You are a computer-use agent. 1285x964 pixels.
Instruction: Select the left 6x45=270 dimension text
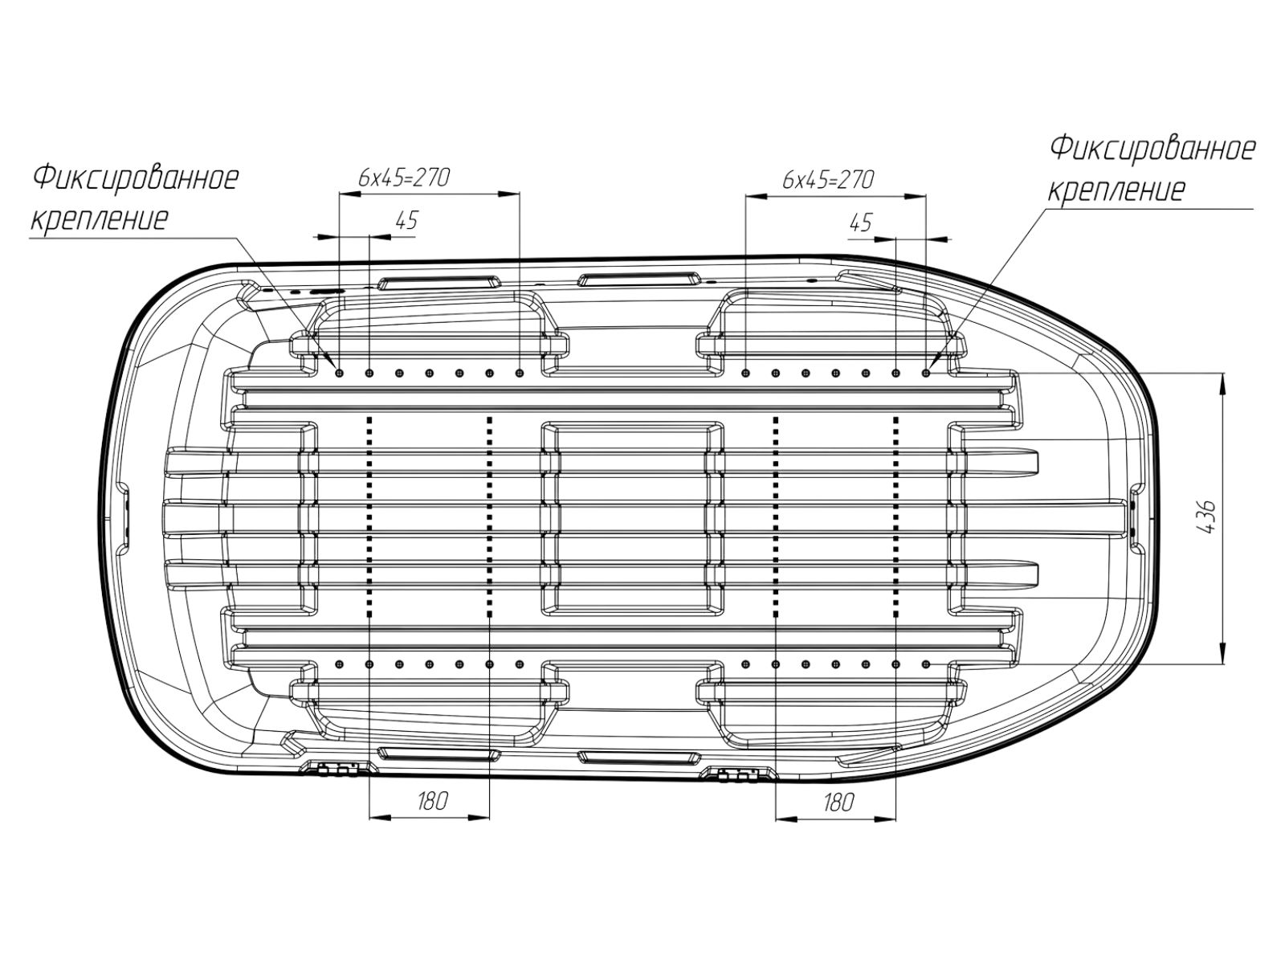[x=404, y=178]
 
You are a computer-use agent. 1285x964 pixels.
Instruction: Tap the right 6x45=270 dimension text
[x=828, y=180]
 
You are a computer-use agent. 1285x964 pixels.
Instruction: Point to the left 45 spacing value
[x=407, y=221]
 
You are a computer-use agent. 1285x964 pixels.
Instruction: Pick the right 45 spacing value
[x=860, y=223]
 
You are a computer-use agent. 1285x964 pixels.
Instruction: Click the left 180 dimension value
[x=433, y=801]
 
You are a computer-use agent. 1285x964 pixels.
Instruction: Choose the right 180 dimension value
[x=838, y=802]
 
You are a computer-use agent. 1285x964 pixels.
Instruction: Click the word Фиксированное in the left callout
[x=136, y=178]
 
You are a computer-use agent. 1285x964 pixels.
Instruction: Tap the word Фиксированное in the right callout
[x=1152, y=149]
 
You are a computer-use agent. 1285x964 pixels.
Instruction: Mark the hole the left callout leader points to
[x=339, y=373]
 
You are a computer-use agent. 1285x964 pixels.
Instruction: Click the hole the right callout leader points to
[x=926, y=373]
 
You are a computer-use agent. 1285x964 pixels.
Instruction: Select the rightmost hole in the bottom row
[x=926, y=664]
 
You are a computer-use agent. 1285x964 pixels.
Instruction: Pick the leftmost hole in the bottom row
[x=339, y=664]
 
